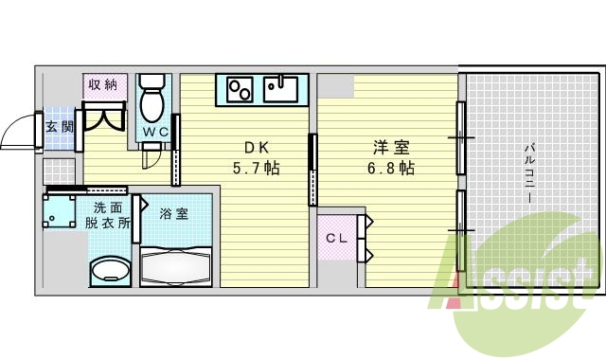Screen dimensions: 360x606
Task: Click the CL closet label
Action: tap(336, 238)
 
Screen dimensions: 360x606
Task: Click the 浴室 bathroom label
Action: tap(173, 214)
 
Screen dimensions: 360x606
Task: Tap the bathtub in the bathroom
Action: tap(177, 265)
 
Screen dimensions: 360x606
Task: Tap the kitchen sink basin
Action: tap(281, 91)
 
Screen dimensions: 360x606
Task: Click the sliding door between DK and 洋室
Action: tap(312, 171)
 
